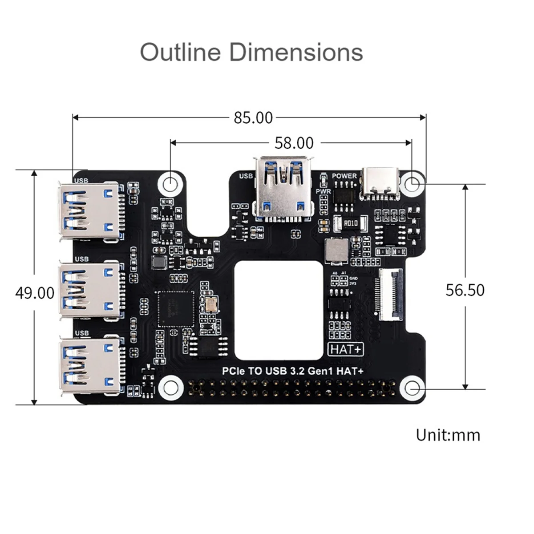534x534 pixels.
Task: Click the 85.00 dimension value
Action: (x=253, y=118)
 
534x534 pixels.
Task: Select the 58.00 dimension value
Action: (x=294, y=143)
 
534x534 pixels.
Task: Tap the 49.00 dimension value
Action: (x=35, y=293)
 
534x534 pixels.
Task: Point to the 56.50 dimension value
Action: (x=465, y=290)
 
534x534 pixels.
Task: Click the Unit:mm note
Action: (x=448, y=435)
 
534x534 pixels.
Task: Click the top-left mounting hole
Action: (x=170, y=182)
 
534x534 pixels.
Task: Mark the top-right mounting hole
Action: (x=413, y=182)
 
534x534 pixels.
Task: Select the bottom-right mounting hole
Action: (x=412, y=388)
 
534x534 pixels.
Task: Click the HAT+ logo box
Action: (x=346, y=349)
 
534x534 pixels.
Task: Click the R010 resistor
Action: (x=349, y=224)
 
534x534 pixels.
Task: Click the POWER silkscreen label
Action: (x=344, y=176)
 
